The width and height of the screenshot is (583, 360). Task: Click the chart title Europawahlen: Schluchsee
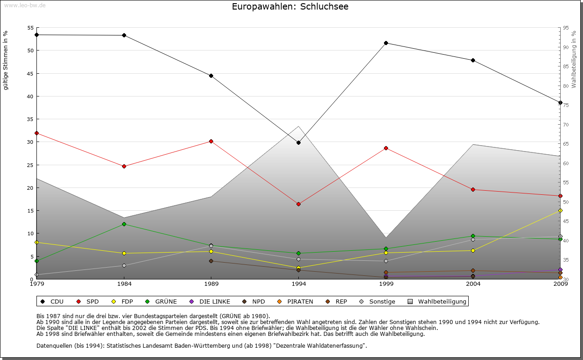(x=290, y=7)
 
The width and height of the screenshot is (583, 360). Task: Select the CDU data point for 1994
(x=298, y=142)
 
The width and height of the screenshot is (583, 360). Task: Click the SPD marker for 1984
(x=124, y=166)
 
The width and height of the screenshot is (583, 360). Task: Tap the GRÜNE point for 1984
(x=124, y=224)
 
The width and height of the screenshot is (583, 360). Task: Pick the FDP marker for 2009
(x=560, y=210)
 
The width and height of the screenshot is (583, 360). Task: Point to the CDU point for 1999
(x=386, y=43)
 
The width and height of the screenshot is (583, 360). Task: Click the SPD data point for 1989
(x=211, y=141)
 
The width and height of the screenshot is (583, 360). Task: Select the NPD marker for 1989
(x=211, y=261)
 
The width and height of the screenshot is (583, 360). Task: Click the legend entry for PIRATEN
(x=296, y=301)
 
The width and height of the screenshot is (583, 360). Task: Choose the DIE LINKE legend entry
(x=210, y=301)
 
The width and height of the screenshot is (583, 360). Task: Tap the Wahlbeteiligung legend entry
(x=438, y=301)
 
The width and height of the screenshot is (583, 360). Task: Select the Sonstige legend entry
(x=378, y=301)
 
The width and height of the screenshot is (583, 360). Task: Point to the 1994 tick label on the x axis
(x=299, y=284)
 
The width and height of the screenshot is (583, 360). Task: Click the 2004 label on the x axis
(x=473, y=284)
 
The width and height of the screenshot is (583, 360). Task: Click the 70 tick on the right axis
(x=566, y=125)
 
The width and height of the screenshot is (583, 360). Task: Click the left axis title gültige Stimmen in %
(x=6, y=60)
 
